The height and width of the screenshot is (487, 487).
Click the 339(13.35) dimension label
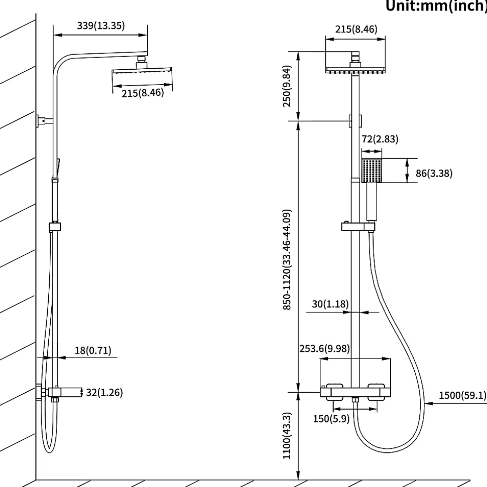coord(101,26)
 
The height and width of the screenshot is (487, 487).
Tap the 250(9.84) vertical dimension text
coord(287,86)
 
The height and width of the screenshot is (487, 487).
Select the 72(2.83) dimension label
coord(380,139)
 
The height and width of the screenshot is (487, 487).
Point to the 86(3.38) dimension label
coord(434,173)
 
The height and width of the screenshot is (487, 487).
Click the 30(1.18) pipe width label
coord(330,304)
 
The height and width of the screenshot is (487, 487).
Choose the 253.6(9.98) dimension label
coord(324,349)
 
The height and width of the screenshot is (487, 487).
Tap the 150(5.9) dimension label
coord(331,419)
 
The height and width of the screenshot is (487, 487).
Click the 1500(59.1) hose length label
coord(463,395)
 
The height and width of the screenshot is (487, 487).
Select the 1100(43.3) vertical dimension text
coord(287,435)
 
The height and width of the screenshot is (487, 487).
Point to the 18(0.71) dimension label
coord(93,351)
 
